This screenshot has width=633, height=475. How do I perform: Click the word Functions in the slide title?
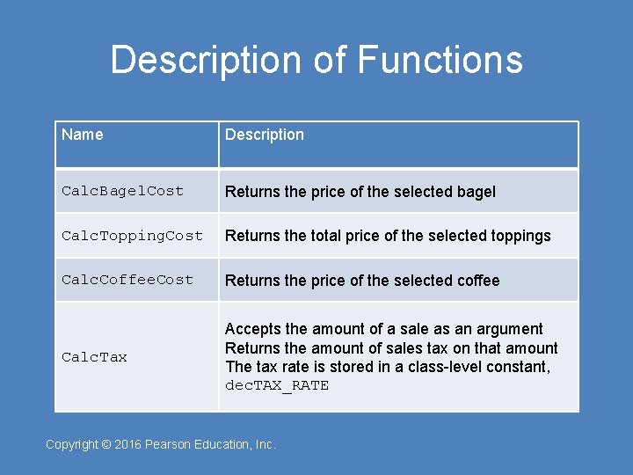440,60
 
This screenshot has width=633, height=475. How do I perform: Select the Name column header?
83,135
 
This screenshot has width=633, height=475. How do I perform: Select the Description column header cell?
265,135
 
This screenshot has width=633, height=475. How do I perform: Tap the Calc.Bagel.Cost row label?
123,191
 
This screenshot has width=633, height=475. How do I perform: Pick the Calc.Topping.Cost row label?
132,236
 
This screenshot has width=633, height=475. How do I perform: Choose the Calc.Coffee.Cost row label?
127,280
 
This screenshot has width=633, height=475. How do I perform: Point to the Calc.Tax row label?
94,357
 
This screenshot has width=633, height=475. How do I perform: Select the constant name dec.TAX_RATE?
277,385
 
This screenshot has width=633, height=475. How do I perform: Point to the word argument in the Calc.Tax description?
511,329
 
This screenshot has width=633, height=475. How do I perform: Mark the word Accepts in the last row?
253,329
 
